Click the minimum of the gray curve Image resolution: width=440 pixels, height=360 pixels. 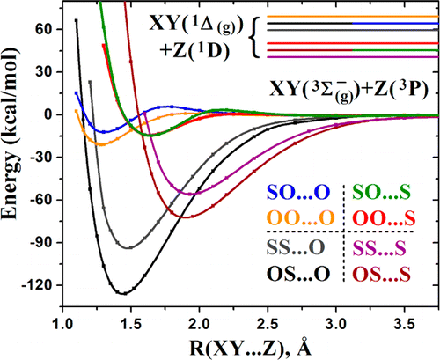[131, 248]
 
